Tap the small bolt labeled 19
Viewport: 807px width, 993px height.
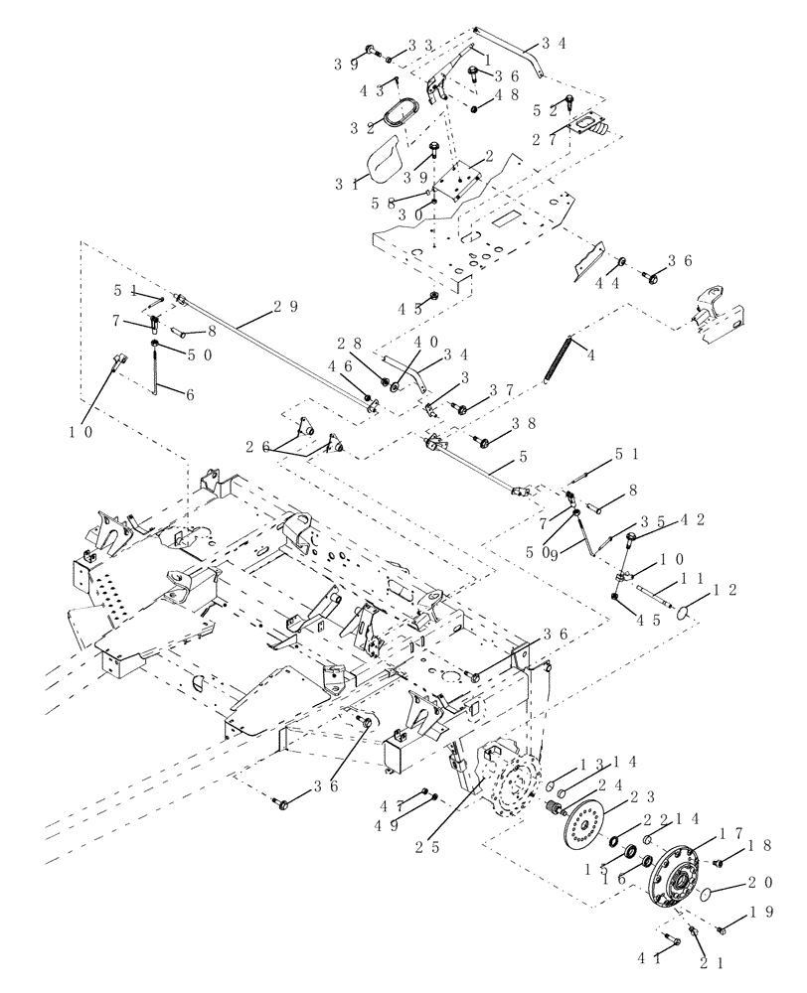coord(722,929)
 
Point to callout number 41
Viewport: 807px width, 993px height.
coord(656,959)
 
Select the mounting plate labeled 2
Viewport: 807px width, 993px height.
coord(457,181)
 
